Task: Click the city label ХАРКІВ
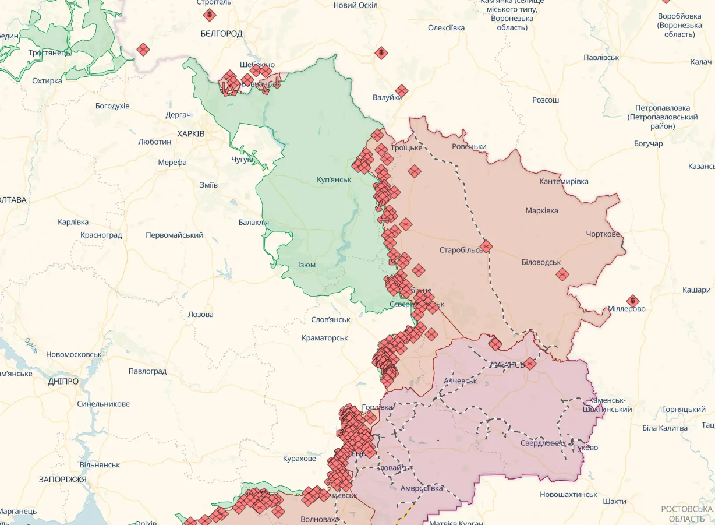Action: [191, 133]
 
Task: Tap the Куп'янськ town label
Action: [334, 179]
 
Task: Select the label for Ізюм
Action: [306, 265]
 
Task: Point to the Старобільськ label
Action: [461, 250]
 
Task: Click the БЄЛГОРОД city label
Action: [221, 33]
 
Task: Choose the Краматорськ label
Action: [324, 338]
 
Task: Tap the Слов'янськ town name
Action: [331, 319]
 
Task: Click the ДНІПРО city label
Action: [63, 381]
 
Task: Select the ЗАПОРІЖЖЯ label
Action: [62, 480]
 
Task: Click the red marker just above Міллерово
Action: [632, 301]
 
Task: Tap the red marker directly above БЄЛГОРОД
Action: [209, 15]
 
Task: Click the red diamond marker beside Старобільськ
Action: [486, 246]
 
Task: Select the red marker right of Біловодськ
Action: [562, 274]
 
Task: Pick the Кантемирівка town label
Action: [564, 182]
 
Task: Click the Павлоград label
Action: [147, 371]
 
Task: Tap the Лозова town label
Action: [200, 314]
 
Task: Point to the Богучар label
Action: [648, 143]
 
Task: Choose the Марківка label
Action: [541, 210]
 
